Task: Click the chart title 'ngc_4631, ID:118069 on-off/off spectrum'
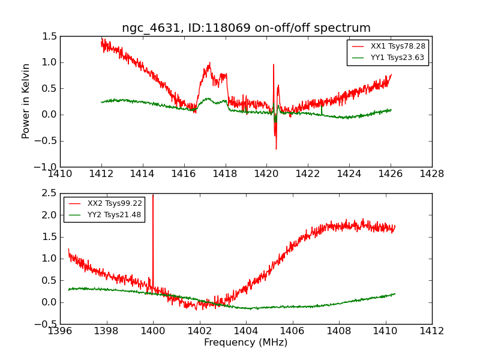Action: (x=246, y=28)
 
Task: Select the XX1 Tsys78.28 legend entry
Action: (x=388, y=46)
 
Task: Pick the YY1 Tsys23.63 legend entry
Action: (x=388, y=58)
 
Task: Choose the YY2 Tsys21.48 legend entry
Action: (x=104, y=215)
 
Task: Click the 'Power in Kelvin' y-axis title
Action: (x=26, y=101)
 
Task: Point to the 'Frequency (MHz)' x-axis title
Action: (x=246, y=342)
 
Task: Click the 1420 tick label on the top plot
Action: (x=266, y=174)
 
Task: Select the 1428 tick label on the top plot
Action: (x=431, y=174)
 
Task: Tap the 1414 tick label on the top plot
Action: (x=142, y=174)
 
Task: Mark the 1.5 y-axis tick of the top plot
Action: (x=50, y=37)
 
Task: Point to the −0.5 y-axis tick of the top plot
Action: (x=46, y=141)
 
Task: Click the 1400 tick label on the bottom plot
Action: (x=153, y=331)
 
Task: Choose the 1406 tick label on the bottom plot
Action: (x=293, y=331)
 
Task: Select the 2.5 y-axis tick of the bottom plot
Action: (x=50, y=193)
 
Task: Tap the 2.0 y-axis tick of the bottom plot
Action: (x=50, y=215)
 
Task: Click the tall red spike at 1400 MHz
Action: (x=153, y=239)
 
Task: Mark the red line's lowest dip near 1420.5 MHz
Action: (x=276, y=149)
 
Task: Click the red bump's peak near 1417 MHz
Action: (x=209, y=63)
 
